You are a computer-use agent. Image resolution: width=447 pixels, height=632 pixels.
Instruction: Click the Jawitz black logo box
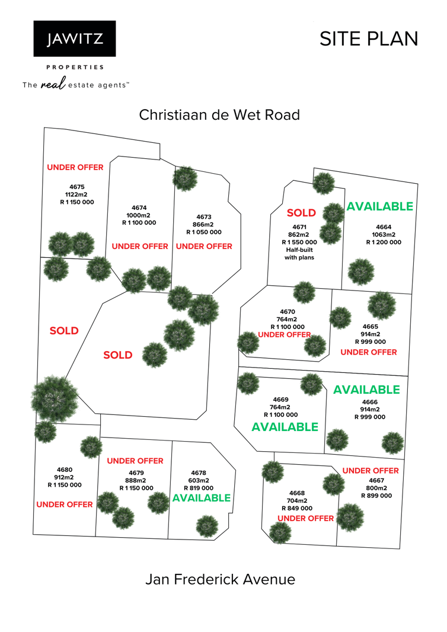pyautogui.click(x=75, y=39)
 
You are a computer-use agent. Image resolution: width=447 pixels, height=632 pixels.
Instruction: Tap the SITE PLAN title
pyautogui.click(x=369, y=39)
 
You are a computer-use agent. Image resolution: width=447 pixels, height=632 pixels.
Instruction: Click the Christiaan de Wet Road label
pyautogui.click(x=219, y=115)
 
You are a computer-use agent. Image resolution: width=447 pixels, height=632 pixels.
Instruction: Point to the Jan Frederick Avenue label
pyautogui.click(x=220, y=580)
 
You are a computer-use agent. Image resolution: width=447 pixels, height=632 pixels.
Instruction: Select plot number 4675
pyautogui.click(x=77, y=187)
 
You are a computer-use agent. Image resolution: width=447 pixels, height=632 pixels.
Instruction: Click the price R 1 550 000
pyautogui.click(x=299, y=242)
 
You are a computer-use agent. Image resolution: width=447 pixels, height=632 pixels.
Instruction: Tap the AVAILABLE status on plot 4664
pyautogui.click(x=379, y=206)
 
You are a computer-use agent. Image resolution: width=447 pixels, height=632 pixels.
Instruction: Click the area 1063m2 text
pyautogui.click(x=384, y=235)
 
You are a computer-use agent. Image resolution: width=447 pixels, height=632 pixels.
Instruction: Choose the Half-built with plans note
pyautogui.click(x=299, y=254)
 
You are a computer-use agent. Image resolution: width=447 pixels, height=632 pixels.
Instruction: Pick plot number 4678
pyautogui.click(x=199, y=473)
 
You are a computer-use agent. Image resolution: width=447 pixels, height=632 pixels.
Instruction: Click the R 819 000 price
pyautogui.click(x=199, y=488)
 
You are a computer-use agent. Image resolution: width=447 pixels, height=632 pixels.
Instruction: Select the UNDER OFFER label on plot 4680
pyautogui.click(x=65, y=505)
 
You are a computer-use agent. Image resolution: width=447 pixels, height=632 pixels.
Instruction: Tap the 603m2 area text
pyautogui.click(x=199, y=480)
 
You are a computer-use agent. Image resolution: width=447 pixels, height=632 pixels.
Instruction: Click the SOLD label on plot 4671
pyautogui.click(x=301, y=213)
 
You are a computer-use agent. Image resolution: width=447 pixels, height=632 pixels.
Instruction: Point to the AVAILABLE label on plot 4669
pyautogui.click(x=285, y=427)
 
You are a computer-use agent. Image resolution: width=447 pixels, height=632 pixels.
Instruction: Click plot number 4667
pyautogui.click(x=376, y=480)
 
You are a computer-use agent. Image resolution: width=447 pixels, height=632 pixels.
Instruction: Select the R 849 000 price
pyautogui.click(x=297, y=508)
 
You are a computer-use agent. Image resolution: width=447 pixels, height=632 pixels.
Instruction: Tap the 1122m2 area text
pyautogui.click(x=76, y=194)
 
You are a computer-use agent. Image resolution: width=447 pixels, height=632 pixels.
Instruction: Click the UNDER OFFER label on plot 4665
pyautogui.click(x=369, y=352)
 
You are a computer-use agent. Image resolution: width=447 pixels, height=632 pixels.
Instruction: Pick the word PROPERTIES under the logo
pyautogui.click(x=75, y=68)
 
